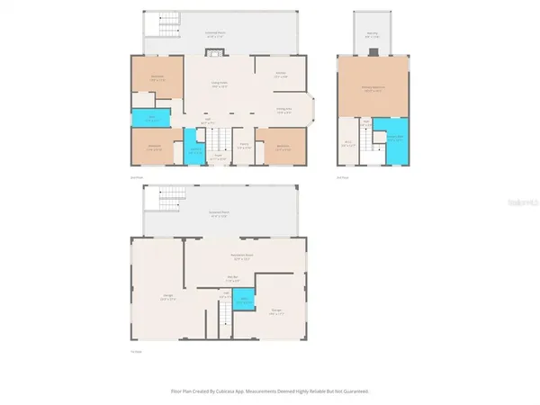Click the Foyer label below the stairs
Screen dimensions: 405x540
(217, 156)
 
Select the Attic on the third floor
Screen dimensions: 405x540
(347, 142)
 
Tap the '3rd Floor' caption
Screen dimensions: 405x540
(341, 176)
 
